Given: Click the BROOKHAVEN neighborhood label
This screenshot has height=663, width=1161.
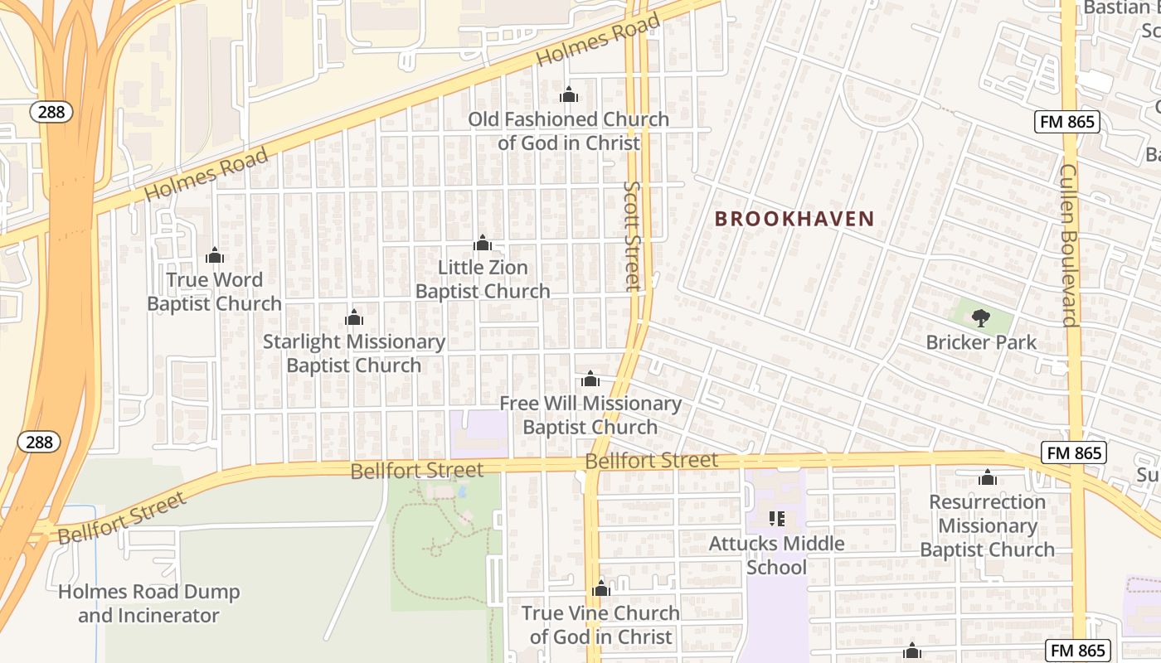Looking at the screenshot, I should coord(794,219).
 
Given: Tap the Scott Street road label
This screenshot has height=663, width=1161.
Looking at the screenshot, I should coord(634,236).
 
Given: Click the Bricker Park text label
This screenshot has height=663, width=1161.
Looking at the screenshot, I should coord(981,341).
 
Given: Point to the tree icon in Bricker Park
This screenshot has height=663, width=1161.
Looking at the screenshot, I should coord(981,317).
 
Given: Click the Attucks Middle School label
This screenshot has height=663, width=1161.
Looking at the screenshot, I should coord(776,555).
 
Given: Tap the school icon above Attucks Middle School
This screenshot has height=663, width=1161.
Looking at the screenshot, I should coord(777,519).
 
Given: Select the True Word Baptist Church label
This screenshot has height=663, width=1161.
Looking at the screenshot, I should coord(214,292).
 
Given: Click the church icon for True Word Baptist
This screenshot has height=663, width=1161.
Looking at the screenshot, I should coord(215,255).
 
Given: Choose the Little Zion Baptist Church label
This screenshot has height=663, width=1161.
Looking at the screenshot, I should coord(483,279).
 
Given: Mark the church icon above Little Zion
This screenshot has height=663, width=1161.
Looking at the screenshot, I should coord(483,243).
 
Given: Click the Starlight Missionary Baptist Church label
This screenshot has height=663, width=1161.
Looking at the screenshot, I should coord(354,353).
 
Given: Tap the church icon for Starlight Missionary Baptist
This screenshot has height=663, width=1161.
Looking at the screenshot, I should coord(354,317).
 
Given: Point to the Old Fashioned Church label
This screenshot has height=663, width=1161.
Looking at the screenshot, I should coord(568,130).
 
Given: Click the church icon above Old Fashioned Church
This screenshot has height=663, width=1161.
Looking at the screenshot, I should coord(569,94).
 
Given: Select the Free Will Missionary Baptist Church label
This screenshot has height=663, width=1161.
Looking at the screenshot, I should coord(590,415).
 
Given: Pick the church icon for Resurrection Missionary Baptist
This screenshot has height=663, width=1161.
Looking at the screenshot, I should coord(987,477).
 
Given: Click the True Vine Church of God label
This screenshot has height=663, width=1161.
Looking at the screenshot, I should coord(600,625).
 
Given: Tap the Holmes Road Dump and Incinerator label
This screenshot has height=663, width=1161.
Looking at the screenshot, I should coord(149,603).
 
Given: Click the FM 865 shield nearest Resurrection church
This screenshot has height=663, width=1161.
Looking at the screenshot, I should coord(1073,452).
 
